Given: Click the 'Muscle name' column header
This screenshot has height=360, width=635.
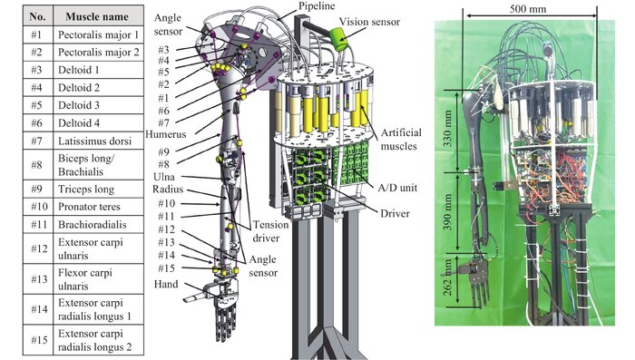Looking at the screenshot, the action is point(98,16).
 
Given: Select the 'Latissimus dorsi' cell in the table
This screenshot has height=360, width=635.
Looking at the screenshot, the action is point(98,141).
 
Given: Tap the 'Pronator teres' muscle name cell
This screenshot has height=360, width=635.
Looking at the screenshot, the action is point(98,207).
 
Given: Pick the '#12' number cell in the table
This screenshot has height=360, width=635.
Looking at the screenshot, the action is point(38,248).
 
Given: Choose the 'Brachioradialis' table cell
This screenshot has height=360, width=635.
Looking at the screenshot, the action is point(98,224).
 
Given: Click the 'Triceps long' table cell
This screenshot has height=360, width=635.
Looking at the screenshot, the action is point(98,190).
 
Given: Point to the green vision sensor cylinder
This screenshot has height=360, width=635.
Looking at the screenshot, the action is point(338,39).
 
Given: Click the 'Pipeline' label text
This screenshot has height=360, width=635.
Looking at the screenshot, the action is point(317,6).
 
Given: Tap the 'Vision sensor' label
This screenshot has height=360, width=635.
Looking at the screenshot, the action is point(369,22).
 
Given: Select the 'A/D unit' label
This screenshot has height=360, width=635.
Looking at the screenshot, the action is point(397,188).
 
